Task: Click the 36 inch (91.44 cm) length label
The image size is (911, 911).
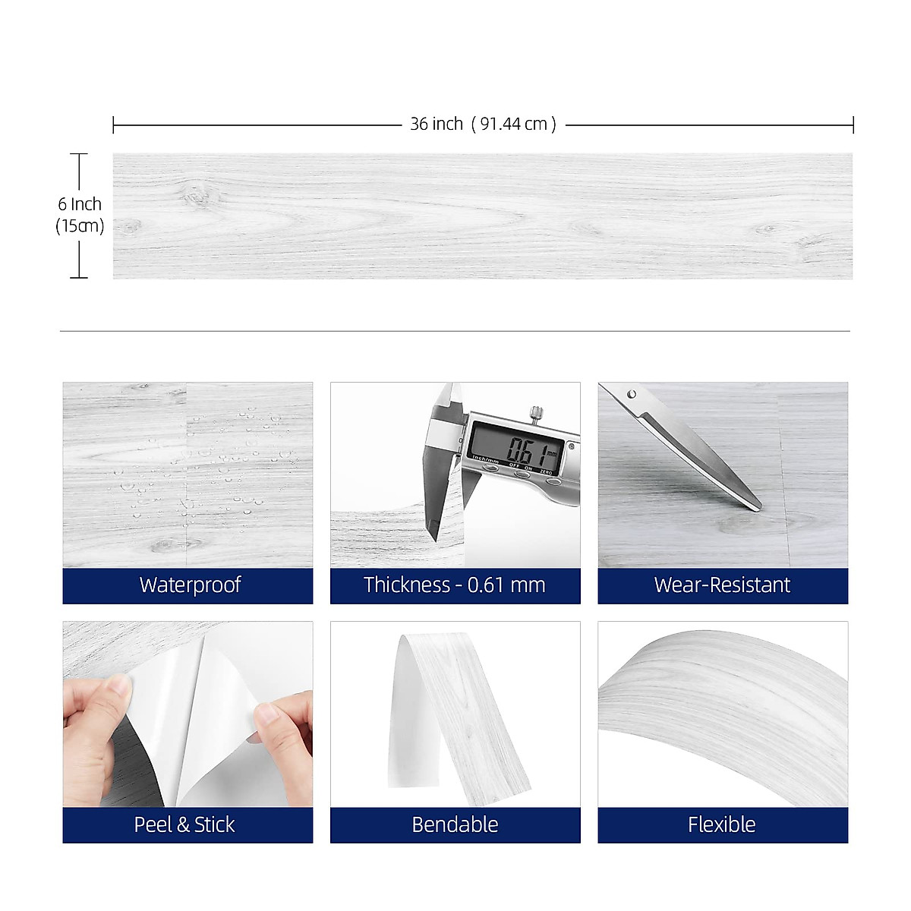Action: (x=483, y=124)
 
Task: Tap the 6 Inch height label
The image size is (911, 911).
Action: (x=79, y=204)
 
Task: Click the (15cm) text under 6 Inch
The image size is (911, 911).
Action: (x=79, y=225)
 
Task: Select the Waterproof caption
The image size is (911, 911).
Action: (x=190, y=585)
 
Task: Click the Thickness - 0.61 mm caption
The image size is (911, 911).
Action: (x=454, y=585)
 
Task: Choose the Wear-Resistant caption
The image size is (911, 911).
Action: (x=722, y=585)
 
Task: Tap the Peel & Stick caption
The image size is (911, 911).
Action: (x=184, y=824)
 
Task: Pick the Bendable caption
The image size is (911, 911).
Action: (x=455, y=824)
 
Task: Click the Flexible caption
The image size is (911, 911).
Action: (x=721, y=824)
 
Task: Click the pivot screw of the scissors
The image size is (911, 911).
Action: (x=632, y=394)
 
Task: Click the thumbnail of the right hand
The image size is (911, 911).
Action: (x=266, y=714)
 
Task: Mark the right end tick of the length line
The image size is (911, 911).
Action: (x=853, y=125)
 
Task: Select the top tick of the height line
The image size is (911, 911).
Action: (x=79, y=154)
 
